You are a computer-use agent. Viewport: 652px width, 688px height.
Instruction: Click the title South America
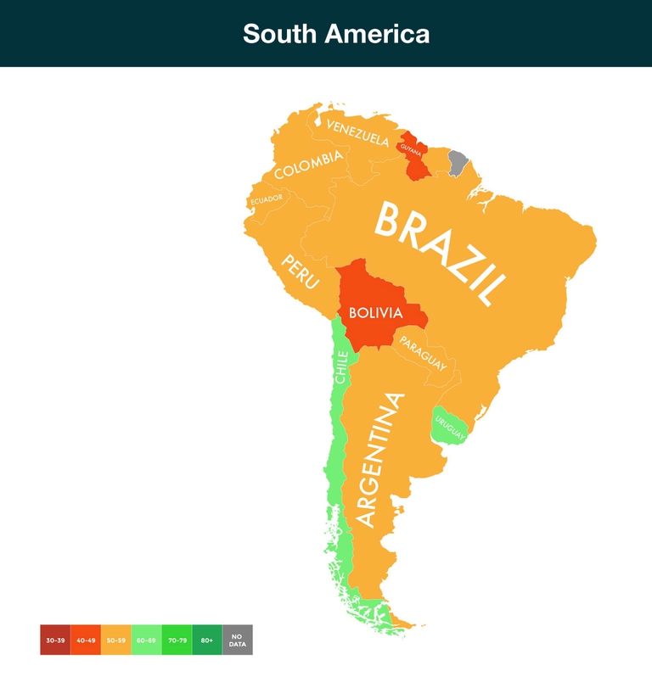tap(335, 34)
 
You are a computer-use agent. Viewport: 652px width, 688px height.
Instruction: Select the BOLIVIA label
tap(375, 313)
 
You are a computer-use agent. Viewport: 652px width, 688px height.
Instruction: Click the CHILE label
tap(340, 367)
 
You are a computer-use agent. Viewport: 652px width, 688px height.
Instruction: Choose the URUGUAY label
tap(449, 425)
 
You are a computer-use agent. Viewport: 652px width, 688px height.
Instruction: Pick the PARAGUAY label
tap(423, 353)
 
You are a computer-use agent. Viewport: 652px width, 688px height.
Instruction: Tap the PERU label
tap(301, 271)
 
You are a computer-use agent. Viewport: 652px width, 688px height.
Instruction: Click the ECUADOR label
tap(266, 200)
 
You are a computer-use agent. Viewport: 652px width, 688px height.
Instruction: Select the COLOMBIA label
tap(308, 165)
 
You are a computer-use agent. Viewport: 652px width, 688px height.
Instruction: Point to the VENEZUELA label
tap(357, 133)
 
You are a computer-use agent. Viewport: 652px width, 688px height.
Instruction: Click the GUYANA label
tap(411, 150)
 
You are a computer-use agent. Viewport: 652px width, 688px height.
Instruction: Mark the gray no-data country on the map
tap(458, 162)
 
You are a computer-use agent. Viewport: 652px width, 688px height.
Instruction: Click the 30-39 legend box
tap(55, 640)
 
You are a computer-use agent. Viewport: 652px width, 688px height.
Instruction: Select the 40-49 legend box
tap(86, 640)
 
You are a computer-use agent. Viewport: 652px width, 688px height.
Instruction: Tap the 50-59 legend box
tap(116, 640)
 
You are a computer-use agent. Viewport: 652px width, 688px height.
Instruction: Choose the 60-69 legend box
tap(147, 640)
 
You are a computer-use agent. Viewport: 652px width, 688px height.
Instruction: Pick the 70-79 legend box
tap(177, 640)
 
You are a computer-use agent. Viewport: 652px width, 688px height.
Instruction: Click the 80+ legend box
tap(207, 640)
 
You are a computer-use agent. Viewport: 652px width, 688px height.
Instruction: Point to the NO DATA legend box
tap(238, 640)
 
